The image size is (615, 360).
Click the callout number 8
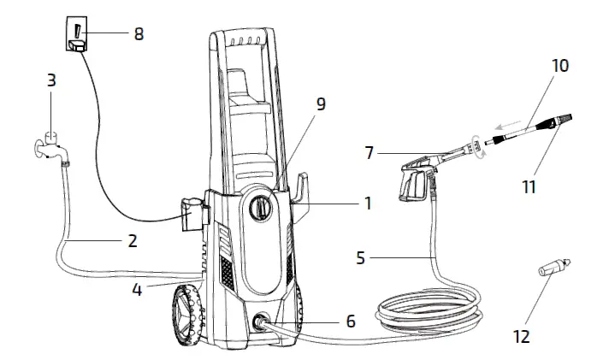(x=139, y=34)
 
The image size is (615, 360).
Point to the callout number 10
(x=559, y=65)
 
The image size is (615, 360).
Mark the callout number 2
(x=132, y=240)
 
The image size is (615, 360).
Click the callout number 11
(x=529, y=186)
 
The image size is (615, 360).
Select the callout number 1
(x=368, y=204)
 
